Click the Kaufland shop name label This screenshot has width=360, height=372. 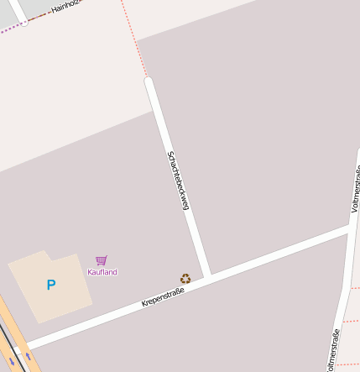tap(102, 272)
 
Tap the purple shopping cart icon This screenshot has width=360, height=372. tap(102, 260)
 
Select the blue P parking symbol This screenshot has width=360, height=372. tap(51, 286)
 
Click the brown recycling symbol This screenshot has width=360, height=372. tap(185, 278)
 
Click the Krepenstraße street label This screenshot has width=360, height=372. tap(163, 296)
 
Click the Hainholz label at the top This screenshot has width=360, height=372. tap(67, 7)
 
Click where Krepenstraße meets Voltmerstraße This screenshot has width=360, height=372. tap(351, 226)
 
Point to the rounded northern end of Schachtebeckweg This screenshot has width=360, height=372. tap(149, 82)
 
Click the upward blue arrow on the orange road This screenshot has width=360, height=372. tap(30, 356)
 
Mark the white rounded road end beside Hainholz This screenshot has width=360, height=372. tap(23, 22)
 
